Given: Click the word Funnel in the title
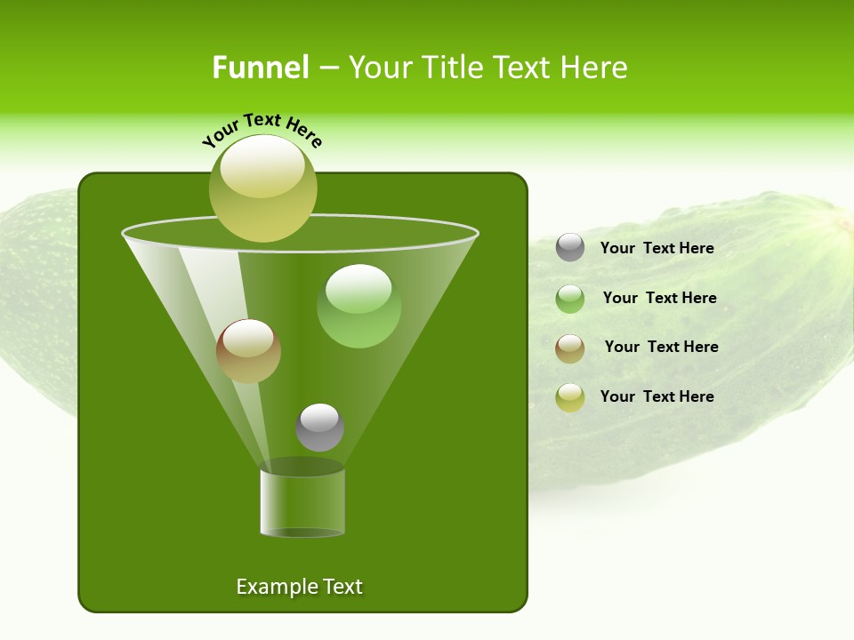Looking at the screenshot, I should coord(261,68).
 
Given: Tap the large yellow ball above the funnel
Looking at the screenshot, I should coord(263,188).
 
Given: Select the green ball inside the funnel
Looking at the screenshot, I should coord(359,306).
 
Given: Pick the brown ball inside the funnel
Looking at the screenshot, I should coord(248,351).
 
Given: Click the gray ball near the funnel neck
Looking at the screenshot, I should coord(319,427).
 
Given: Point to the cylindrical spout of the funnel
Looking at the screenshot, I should coord(302,503).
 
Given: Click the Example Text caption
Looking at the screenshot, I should coord(299,587).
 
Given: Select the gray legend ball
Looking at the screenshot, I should coord(570,247).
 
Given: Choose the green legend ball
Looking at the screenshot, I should coord(570,299).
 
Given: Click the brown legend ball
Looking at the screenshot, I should coord(570,348).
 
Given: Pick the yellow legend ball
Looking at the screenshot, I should coord(570,397).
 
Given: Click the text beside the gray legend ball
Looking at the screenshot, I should coord(657,248).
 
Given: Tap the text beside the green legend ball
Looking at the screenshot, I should coord(659,298).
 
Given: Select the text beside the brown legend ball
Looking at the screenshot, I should coord(661,347).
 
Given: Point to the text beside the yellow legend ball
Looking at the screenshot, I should coord(657,396).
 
